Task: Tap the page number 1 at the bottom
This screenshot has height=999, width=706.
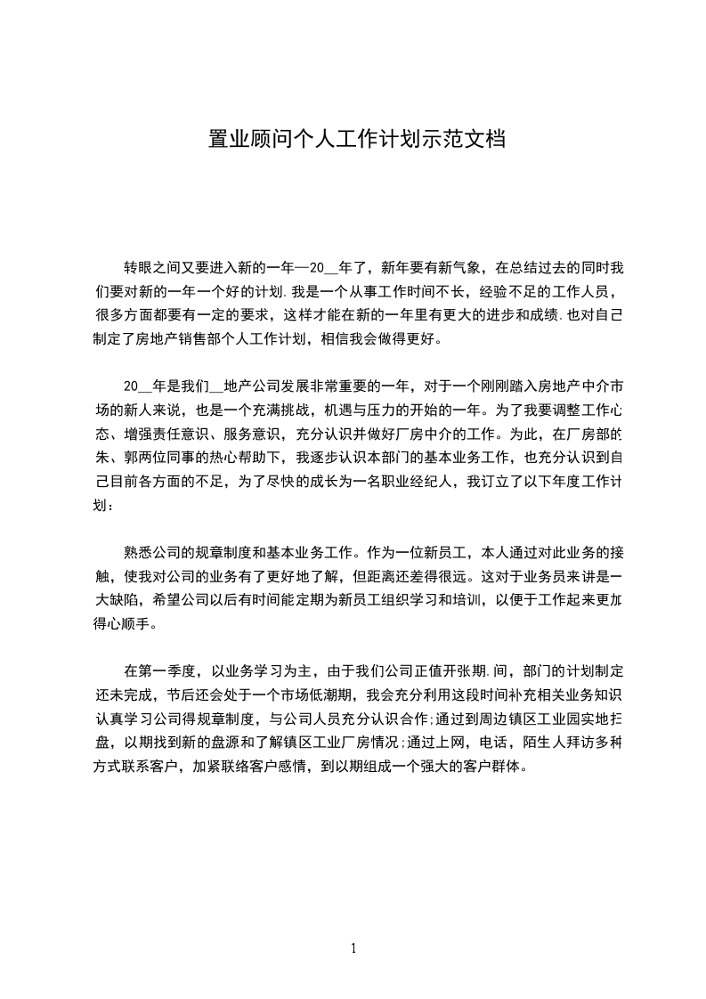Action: point(353,948)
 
